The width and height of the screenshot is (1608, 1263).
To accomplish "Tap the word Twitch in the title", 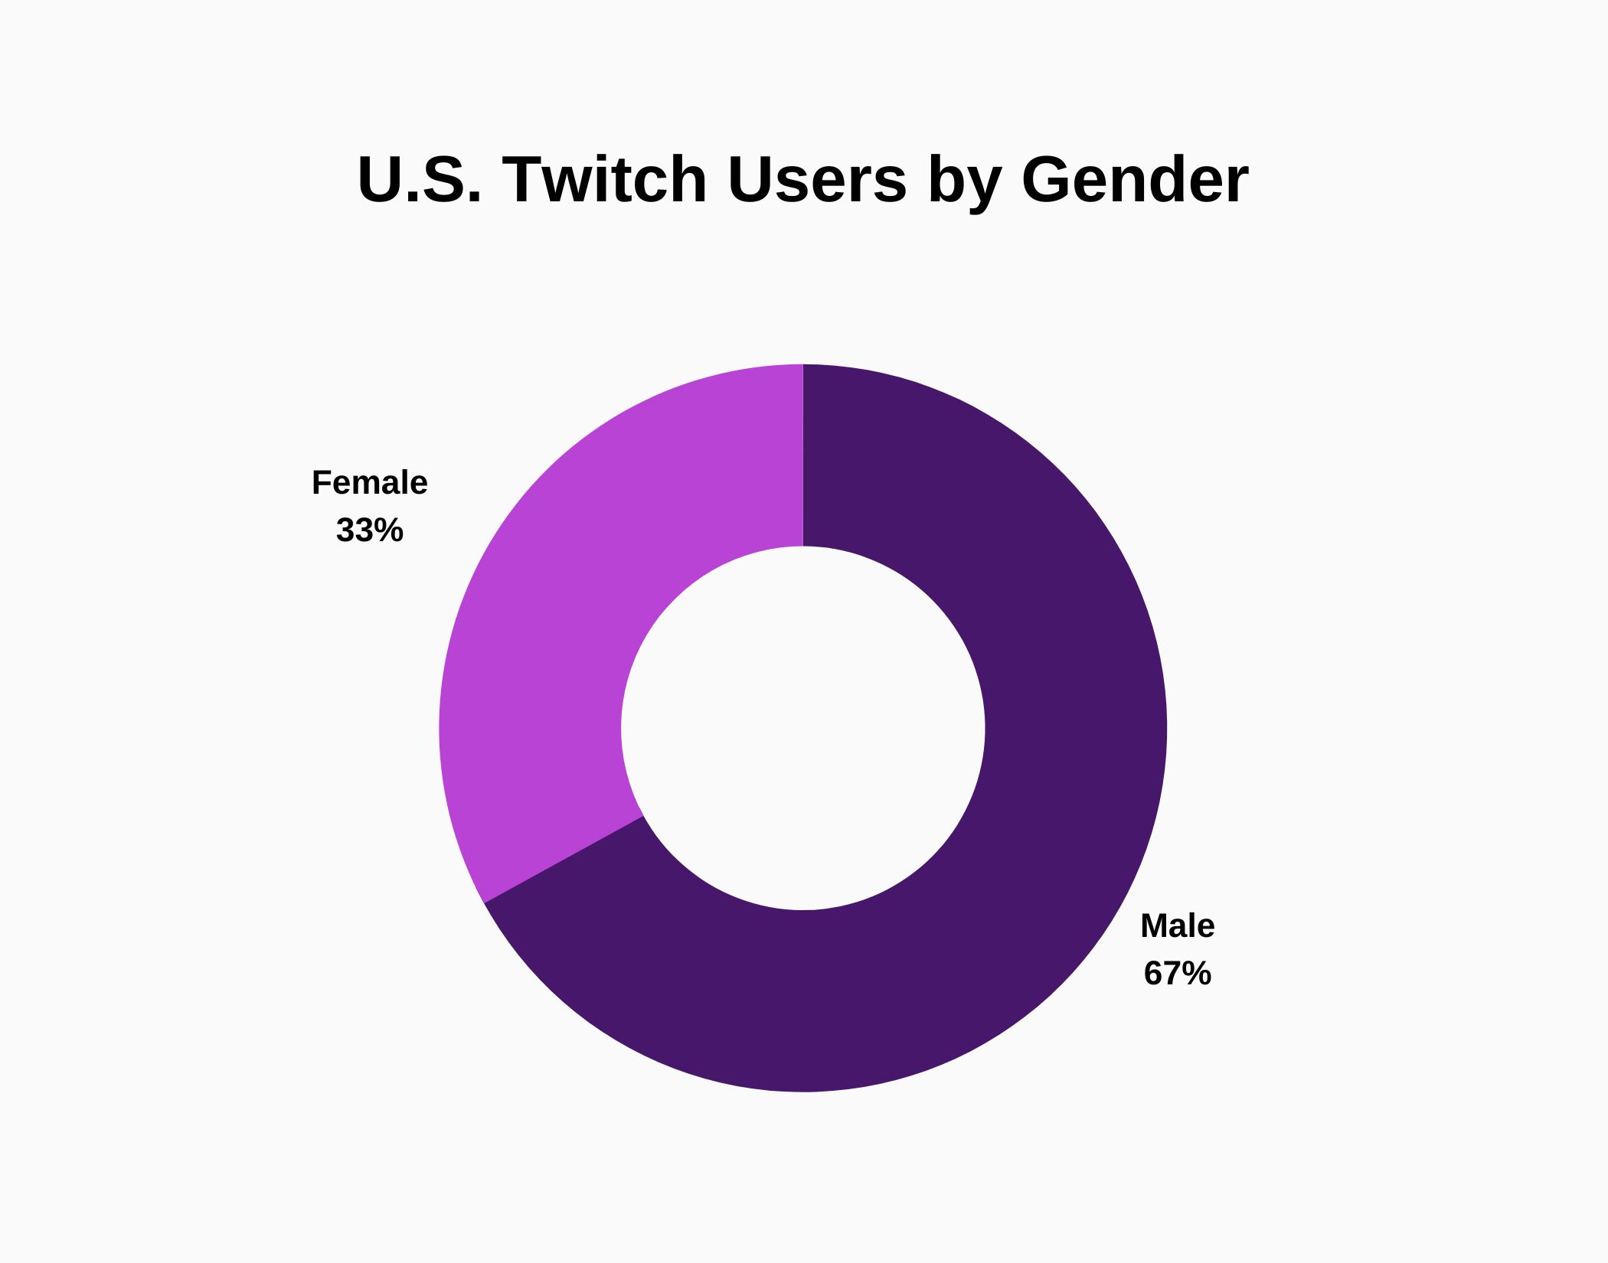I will (604, 181).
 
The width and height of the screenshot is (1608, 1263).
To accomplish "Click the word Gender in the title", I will (1134, 181).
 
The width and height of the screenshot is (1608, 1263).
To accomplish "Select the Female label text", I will (369, 483).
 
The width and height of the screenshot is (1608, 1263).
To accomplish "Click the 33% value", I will (369, 530).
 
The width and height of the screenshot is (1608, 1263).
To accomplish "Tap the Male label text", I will (1177, 926).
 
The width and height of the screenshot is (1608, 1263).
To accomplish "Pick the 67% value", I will (1177, 974).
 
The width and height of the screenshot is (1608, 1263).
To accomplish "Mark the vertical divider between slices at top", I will (802, 455).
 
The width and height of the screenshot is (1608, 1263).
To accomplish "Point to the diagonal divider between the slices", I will (564, 860).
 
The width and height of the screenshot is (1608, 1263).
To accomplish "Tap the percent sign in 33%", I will (388, 530).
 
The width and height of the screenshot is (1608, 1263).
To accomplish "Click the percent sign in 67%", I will (1196, 974).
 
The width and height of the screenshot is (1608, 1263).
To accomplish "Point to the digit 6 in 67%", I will (1152, 974).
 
